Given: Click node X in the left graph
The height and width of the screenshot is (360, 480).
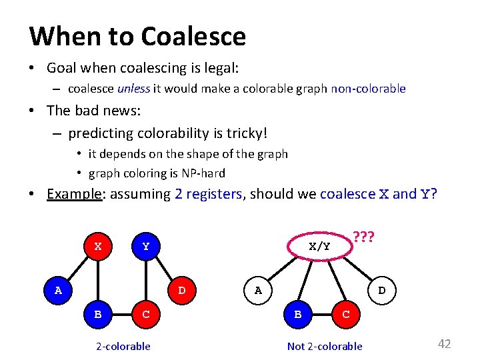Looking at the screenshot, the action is pyautogui.click(x=98, y=246).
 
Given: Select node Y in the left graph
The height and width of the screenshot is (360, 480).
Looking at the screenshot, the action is pyautogui.click(x=146, y=246).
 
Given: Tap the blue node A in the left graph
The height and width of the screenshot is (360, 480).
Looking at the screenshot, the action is pyautogui.click(x=59, y=290).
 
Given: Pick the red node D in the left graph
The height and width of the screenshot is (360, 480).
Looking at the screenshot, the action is pyautogui.click(x=181, y=290).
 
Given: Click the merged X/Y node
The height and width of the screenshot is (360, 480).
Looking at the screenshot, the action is pyautogui.click(x=320, y=246).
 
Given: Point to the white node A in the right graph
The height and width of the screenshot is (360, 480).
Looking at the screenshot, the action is pyautogui.click(x=258, y=290).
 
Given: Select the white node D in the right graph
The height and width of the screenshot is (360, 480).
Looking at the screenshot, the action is pyautogui.click(x=381, y=290).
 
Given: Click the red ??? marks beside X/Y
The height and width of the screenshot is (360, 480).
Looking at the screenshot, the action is pyautogui.click(x=364, y=237).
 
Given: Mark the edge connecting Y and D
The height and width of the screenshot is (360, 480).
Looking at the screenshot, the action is pyautogui.click(x=163, y=268).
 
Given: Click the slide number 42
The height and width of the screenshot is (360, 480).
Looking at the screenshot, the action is pyautogui.click(x=444, y=344).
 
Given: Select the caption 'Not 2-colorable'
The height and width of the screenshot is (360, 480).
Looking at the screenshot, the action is pyautogui.click(x=325, y=346).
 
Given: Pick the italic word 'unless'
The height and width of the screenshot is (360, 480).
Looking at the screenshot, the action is pyautogui.click(x=133, y=89).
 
